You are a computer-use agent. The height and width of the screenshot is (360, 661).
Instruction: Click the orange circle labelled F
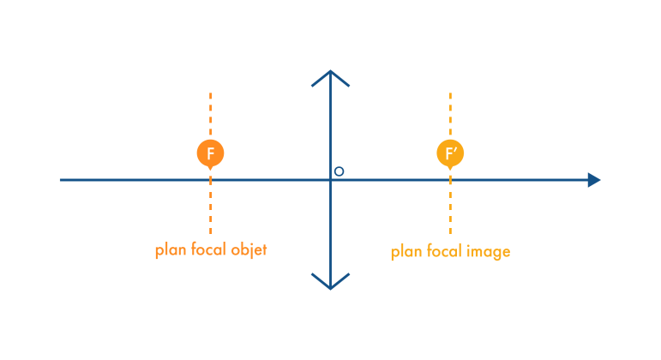point(210,153)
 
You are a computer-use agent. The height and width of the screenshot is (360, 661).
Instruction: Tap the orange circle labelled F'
point(450,153)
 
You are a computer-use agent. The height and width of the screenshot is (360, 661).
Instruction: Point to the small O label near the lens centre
point(339,171)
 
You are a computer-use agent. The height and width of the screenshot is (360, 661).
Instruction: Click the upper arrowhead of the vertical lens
point(330,77)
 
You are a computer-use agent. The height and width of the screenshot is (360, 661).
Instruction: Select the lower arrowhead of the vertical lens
point(330,282)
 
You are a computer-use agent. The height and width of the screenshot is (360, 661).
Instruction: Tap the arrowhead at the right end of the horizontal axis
point(593,180)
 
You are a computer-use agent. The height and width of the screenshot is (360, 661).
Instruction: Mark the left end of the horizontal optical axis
point(62,180)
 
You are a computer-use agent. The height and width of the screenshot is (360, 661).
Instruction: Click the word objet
point(249,250)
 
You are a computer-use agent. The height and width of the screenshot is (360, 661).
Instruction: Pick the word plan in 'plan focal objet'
point(168,250)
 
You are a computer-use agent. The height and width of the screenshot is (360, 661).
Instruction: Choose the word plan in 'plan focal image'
point(405,252)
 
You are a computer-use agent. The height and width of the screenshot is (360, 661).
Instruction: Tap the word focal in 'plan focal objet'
point(207,250)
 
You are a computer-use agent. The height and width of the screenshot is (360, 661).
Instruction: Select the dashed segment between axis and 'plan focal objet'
point(210,210)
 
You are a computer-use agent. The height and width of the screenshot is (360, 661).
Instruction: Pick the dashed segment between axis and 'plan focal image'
point(450,210)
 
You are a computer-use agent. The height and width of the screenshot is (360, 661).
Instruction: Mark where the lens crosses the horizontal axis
point(330,180)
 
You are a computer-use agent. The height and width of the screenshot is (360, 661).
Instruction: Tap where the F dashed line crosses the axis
point(210,180)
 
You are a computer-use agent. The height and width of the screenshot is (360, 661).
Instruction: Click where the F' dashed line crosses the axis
point(450,180)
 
